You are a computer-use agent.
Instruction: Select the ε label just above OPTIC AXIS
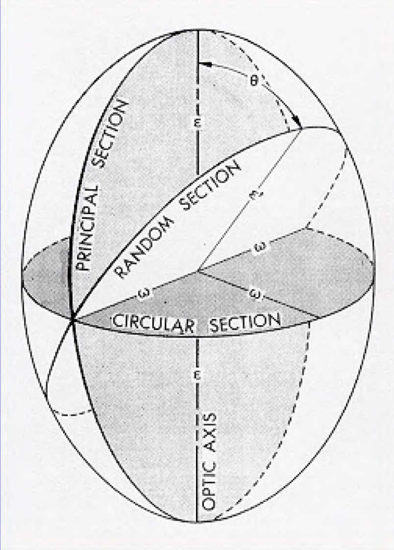196,377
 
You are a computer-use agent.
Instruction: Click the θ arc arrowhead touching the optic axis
201,64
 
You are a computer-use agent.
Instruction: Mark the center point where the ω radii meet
197,271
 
